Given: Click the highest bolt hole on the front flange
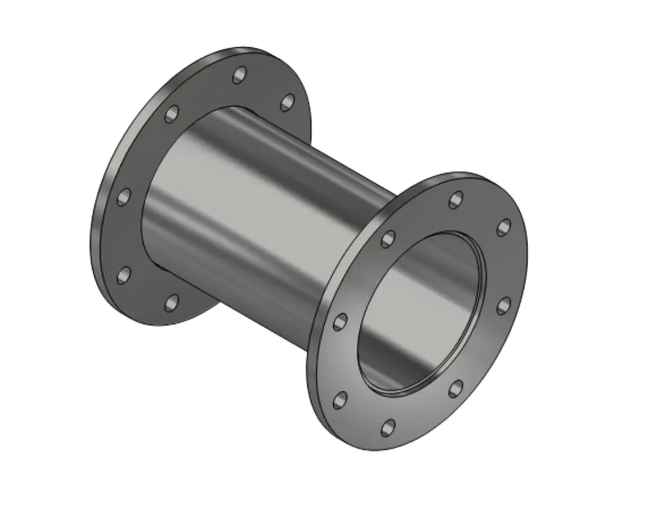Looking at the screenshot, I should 456,200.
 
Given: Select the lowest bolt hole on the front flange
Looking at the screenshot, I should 388,427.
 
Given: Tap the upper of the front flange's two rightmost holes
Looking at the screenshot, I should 503,227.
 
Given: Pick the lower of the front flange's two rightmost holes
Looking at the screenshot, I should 503,305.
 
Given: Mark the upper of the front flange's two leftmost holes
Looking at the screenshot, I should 340,322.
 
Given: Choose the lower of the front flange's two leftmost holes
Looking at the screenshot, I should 340,401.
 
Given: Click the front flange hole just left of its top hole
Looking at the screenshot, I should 388,239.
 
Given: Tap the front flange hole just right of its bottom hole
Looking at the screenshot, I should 456,388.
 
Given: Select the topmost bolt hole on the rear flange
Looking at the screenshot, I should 240,75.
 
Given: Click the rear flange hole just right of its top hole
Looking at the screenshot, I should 287,102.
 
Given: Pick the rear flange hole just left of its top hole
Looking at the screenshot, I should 171,114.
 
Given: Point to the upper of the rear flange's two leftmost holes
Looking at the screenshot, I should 124,197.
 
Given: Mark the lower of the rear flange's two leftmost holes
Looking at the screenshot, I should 124,276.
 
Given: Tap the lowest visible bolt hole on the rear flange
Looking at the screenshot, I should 171,302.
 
